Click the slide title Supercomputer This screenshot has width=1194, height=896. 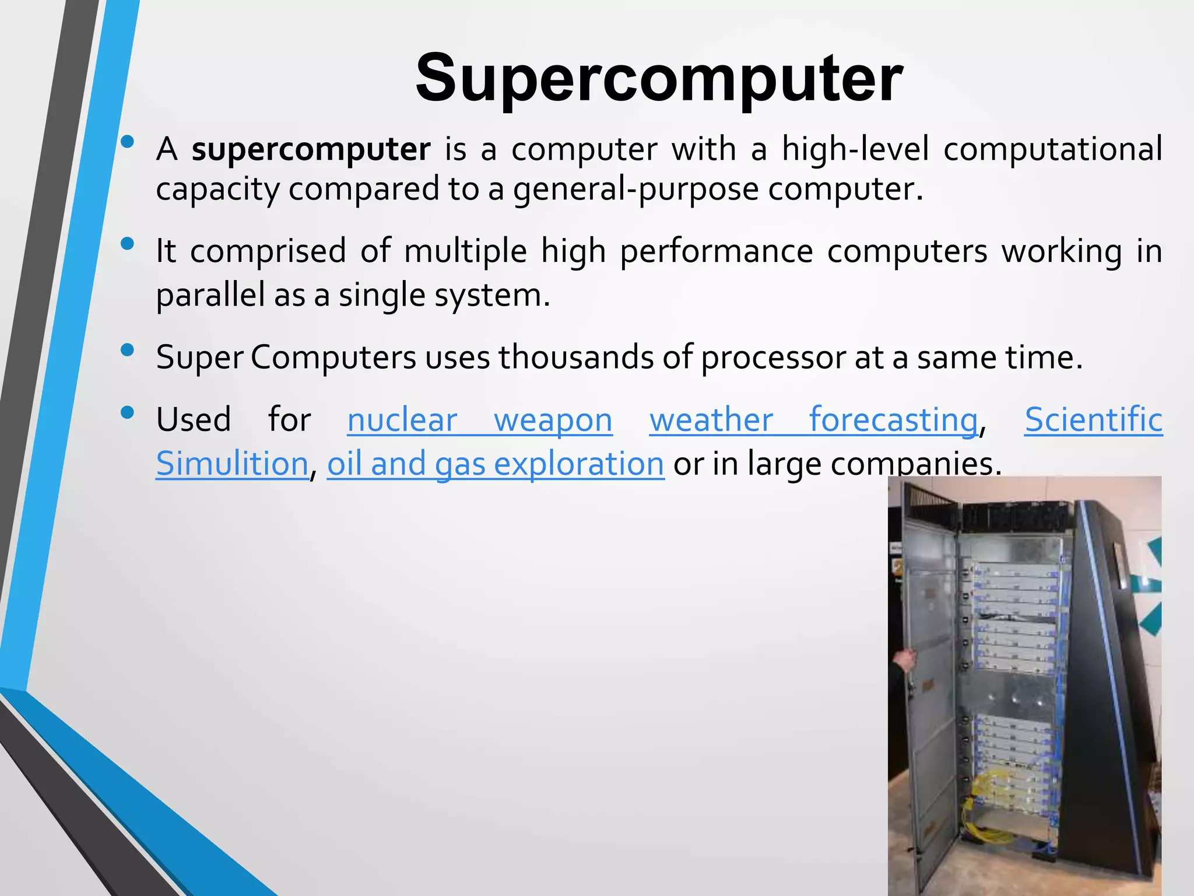(659, 78)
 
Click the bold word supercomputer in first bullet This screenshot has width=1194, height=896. (311, 149)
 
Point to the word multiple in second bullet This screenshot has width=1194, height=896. (465, 251)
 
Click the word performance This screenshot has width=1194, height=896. (716, 251)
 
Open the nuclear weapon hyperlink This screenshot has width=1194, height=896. (479, 420)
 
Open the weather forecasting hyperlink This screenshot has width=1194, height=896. (813, 420)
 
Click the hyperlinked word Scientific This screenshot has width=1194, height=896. (1093, 420)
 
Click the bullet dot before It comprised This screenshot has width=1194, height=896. (127, 244)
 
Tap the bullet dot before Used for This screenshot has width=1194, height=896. (127, 413)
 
